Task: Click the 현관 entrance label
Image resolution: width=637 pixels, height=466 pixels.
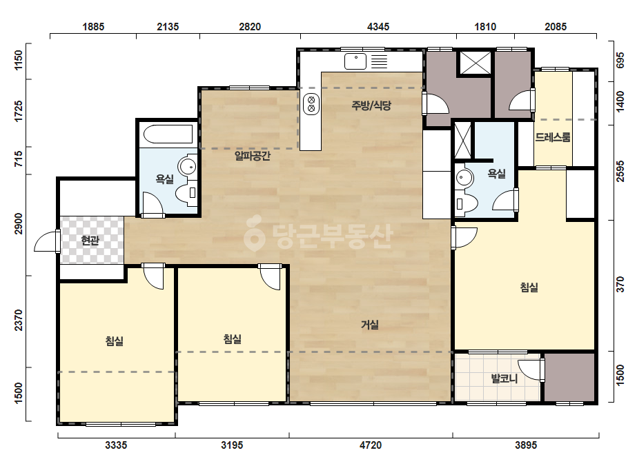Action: pos(90,241)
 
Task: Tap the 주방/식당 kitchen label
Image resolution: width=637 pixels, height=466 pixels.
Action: pos(371,105)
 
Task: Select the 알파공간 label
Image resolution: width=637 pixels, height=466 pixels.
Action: pos(253,156)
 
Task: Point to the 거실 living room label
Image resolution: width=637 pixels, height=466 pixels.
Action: pos(370,325)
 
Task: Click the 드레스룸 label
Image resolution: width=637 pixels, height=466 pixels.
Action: pos(553,137)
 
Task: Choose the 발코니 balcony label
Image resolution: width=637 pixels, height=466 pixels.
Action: pos(504,378)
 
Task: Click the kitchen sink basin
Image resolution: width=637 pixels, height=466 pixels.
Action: pos(355,62)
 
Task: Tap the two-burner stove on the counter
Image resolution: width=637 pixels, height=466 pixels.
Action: pos(311,104)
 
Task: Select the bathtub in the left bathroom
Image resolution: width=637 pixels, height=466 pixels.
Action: pos(168,134)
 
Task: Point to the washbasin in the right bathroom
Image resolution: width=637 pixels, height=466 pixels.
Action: pos(464,177)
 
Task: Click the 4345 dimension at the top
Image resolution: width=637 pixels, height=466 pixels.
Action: pos(378,27)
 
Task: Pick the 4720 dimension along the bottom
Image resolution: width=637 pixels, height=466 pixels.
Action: pos(371,445)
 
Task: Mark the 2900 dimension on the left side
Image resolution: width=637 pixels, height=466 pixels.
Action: pos(19,223)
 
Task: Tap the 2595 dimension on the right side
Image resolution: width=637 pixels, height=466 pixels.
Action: pos(620,171)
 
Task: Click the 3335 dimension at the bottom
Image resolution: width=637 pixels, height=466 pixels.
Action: pos(116,445)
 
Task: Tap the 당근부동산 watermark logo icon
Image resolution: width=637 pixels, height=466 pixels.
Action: pos(254,234)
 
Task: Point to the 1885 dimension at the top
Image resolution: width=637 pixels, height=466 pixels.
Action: pos(93,27)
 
